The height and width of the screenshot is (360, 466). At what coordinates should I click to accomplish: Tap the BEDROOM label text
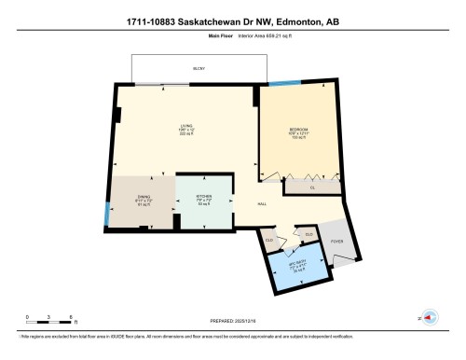click(x=298, y=128)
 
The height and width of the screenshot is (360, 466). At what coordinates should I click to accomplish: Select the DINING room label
click(x=144, y=196)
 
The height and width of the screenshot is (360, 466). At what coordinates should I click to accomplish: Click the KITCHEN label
click(x=204, y=196)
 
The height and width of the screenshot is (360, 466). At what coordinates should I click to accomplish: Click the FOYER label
click(x=336, y=241)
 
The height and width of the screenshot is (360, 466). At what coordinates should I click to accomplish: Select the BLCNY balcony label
click(x=199, y=69)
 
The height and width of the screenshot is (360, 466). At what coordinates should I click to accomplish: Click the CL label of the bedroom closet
click(x=311, y=188)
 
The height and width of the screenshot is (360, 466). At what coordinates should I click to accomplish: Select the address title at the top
click(x=232, y=23)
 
